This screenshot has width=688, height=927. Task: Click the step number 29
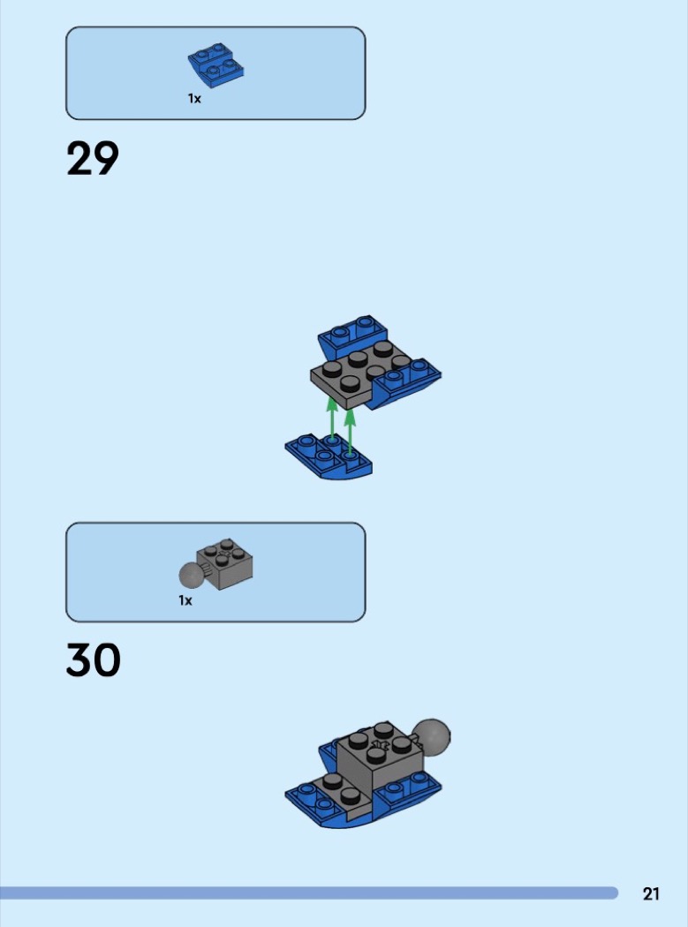93,158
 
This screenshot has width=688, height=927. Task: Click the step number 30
94,659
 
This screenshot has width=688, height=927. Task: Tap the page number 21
651,893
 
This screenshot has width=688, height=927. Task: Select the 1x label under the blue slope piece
194,99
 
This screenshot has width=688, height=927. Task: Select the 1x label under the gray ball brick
185,600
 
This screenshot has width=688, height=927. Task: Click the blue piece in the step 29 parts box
215,64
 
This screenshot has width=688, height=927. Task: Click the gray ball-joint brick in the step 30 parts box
216,564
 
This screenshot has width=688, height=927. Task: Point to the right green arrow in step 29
350,432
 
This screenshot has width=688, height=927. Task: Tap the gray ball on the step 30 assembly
431,736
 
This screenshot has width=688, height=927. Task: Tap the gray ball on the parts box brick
191,575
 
